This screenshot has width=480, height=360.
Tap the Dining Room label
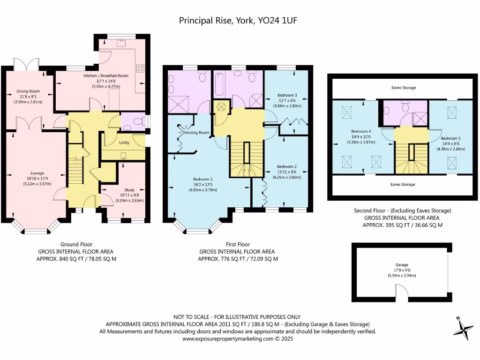[x=28, y=91]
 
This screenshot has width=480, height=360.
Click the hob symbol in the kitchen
[x=140, y=68]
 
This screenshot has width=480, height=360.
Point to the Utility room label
[x=124, y=142]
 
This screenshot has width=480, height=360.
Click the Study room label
[x=129, y=190]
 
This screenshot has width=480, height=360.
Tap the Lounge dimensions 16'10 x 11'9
[x=37, y=179]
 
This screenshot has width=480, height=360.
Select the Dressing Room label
[x=196, y=133]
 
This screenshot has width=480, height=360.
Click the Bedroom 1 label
[x=203, y=179]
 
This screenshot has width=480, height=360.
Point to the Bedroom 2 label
[x=286, y=166]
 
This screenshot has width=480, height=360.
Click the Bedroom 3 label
[x=286, y=95]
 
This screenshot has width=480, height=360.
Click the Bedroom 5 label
[x=450, y=138]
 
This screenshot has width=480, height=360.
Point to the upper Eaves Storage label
[x=403, y=88]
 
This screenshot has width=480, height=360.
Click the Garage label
[x=402, y=264]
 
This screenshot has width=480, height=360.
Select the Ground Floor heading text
[x=76, y=244]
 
